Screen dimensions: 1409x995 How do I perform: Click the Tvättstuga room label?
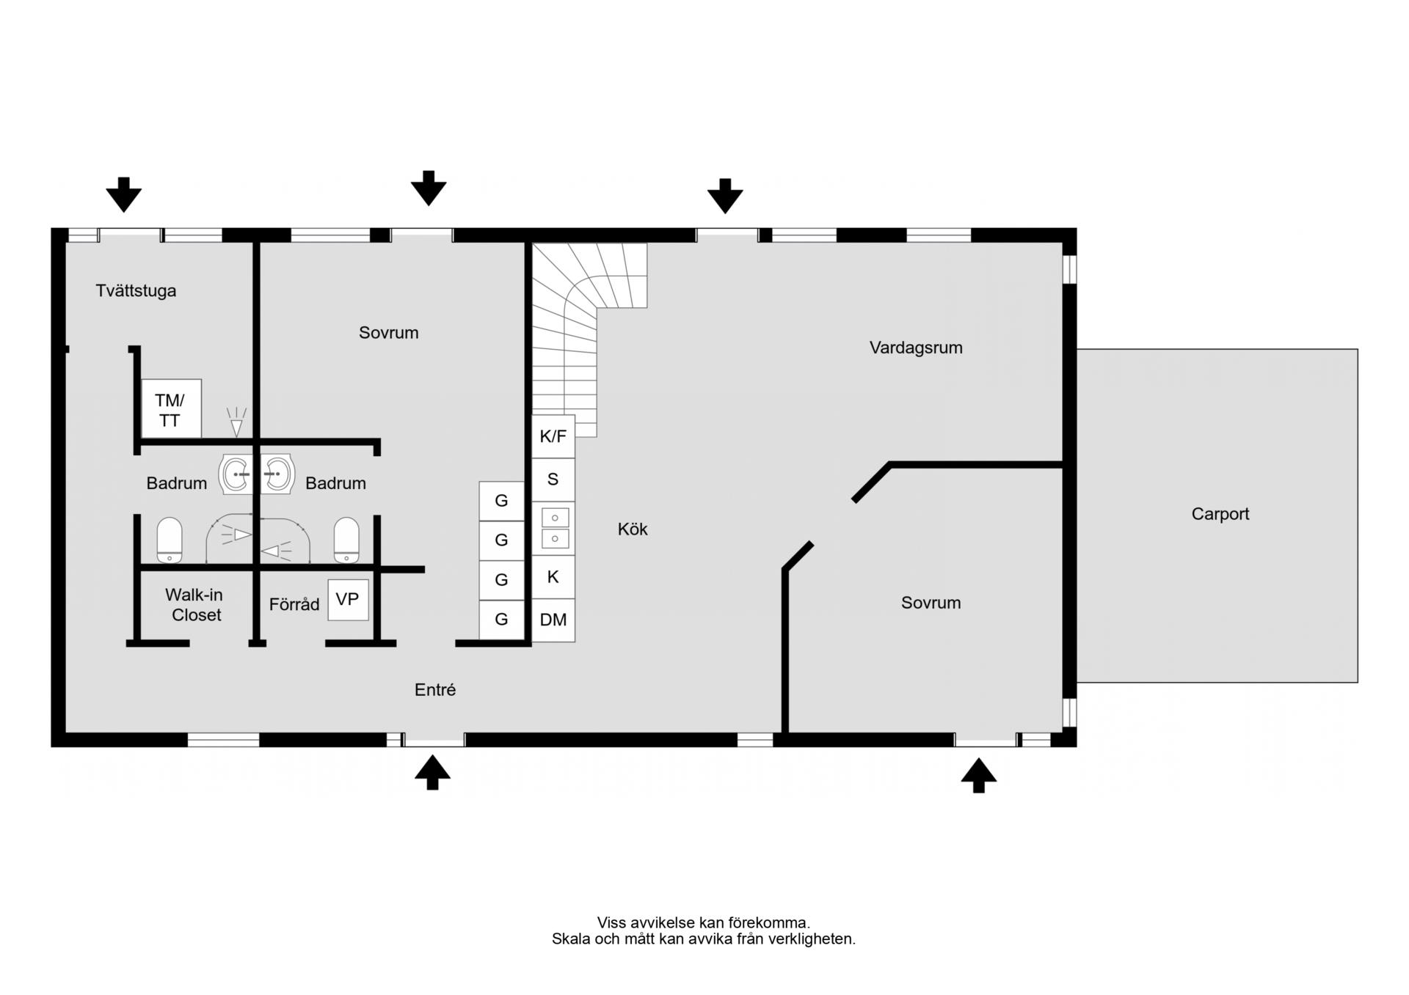pyautogui.click(x=136, y=291)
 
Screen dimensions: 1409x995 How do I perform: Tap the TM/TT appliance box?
pyautogui.click(x=171, y=408)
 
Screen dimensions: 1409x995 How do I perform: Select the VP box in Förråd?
pyautogui.click(x=348, y=600)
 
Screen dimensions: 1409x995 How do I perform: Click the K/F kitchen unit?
pyautogui.click(x=553, y=437)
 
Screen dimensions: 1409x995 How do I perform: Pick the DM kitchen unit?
pyautogui.click(x=553, y=620)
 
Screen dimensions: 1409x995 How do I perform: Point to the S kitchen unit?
pyautogui.click(x=553, y=480)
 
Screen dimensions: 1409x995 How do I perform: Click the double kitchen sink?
pyautogui.click(x=555, y=528)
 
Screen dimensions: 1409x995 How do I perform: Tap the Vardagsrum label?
pyautogui.click(x=916, y=348)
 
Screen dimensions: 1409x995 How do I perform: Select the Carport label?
pyautogui.click(x=1220, y=514)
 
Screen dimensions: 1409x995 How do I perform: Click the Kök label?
pyautogui.click(x=633, y=529)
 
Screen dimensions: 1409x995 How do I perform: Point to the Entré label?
pyautogui.click(x=435, y=690)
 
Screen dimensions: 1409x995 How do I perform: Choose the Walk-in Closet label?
pyautogui.click(x=194, y=605)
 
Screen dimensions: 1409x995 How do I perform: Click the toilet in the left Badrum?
pyautogui.click(x=170, y=540)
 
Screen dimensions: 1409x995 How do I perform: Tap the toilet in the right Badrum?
pyautogui.click(x=346, y=540)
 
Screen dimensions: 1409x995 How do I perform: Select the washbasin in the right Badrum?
pyautogui.click(x=277, y=474)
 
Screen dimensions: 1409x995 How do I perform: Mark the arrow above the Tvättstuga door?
pyautogui.click(x=124, y=194)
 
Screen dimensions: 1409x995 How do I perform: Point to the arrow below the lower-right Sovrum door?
pyautogui.click(x=979, y=775)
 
